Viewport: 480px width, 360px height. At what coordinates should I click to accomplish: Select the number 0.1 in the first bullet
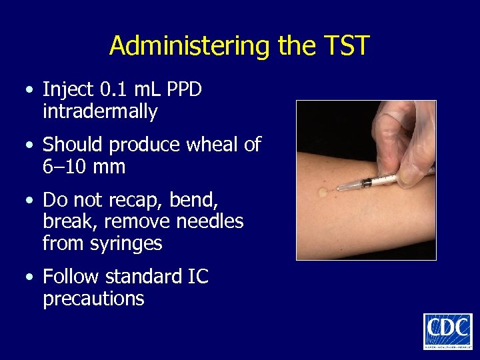click(x=112, y=90)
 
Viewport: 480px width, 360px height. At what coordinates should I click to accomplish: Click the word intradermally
click(x=100, y=111)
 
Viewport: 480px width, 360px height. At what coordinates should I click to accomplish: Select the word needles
click(x=207, y=221)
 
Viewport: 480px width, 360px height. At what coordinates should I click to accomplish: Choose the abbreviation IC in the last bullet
click(x=195, y=276)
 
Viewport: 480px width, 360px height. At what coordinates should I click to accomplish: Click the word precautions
click(x=93, y=298)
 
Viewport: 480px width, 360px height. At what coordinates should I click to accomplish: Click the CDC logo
click(x=447, y=331)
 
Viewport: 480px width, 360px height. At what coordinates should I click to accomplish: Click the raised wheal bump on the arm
click(x=324, y=192)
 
